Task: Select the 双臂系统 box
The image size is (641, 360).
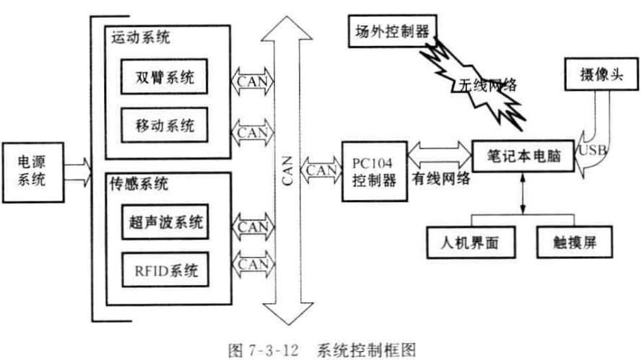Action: (x=165, y=78)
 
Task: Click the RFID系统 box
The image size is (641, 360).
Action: (x=165, y=271)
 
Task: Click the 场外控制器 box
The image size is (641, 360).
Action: (x=392, y=32)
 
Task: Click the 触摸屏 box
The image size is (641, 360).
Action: (x=576, y=243)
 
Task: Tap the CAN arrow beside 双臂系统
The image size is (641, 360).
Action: (x=252, y=79)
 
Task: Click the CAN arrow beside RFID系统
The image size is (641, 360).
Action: (x=252, y=265)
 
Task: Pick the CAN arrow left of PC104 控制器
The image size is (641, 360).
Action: (x=321, y=170)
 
